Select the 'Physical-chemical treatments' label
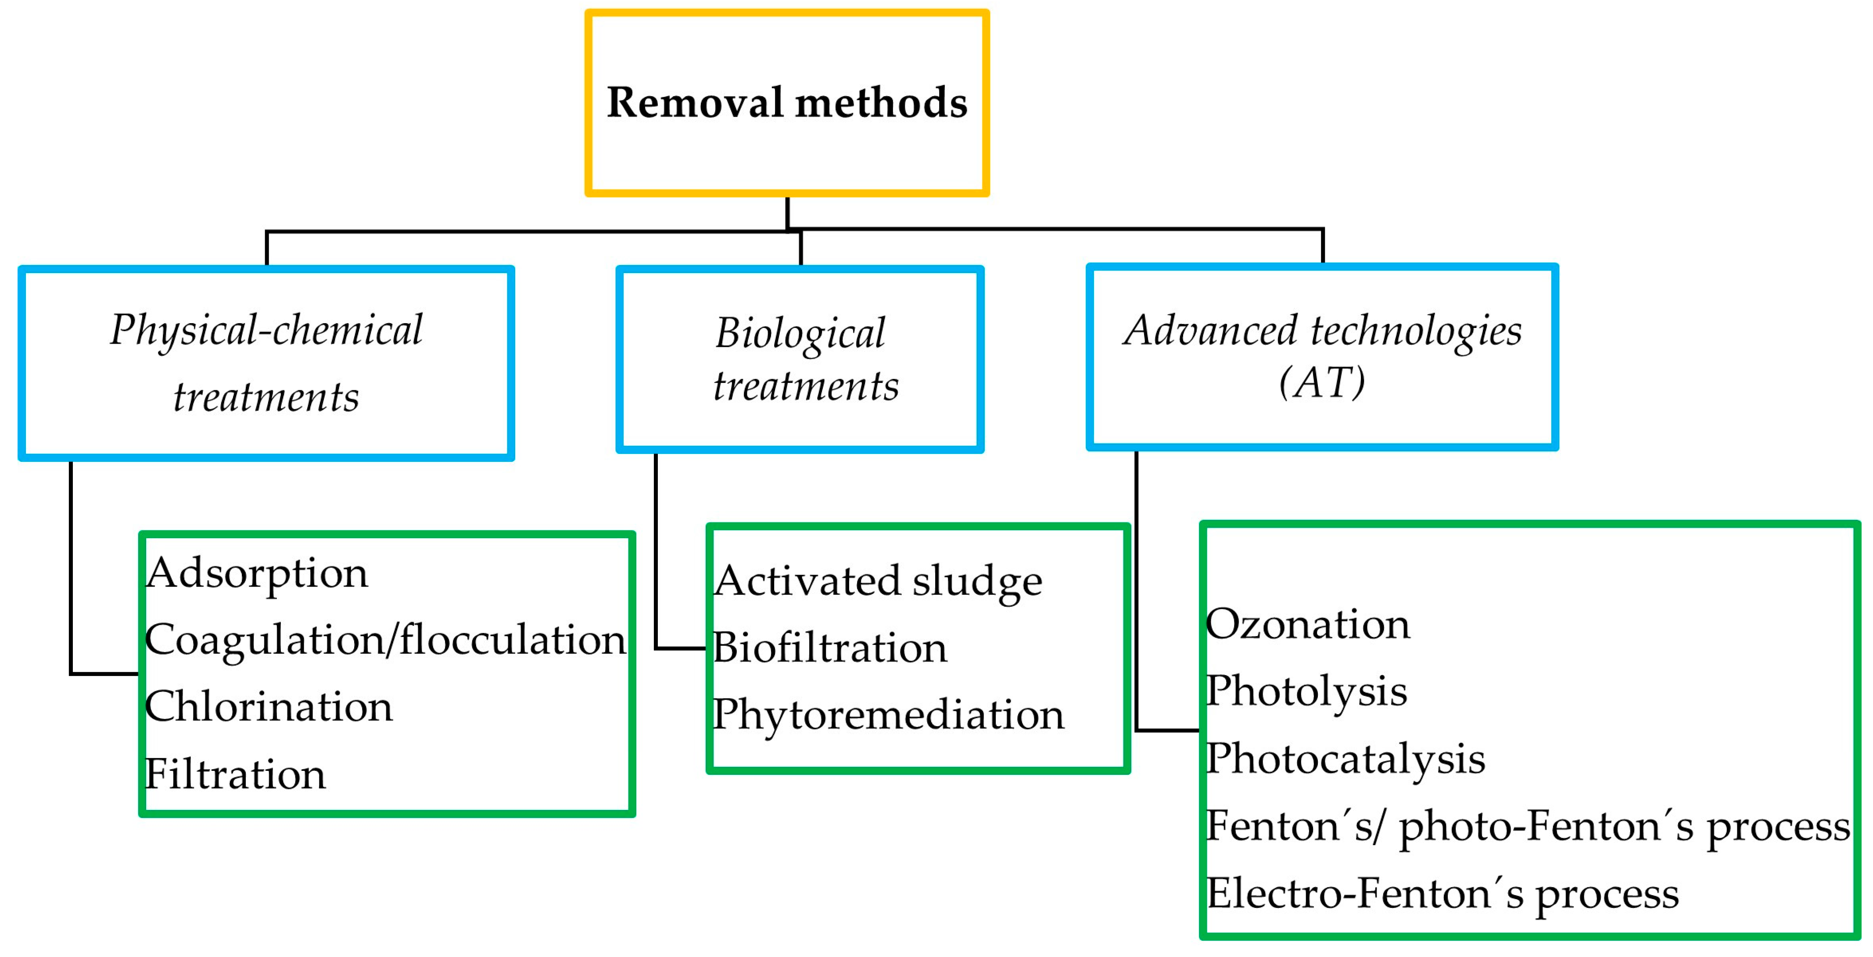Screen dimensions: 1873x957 tap(266, 363)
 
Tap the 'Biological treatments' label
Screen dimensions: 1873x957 tap(806, 359)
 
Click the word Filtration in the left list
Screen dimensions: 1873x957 tap(235, 774)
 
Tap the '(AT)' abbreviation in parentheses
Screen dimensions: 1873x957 tap(1322, 382)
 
